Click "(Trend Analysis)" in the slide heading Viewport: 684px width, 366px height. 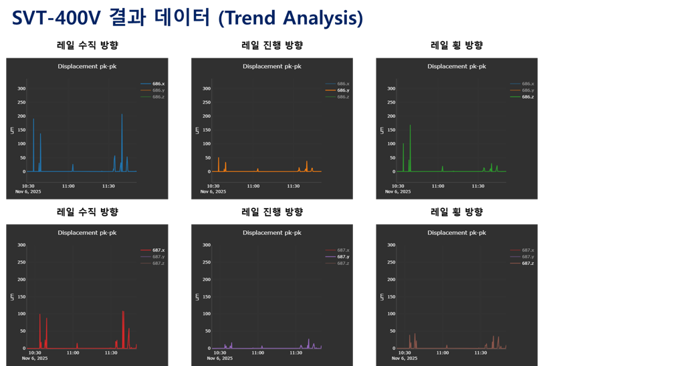click(x=291, y=19)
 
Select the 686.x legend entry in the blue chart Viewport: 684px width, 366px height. click(x=158, y=83)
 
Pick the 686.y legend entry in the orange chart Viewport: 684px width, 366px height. click(x=343, y=90)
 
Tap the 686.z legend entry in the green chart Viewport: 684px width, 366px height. click(x=528, y=97)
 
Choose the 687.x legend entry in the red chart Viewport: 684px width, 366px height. click(x=158, y=250)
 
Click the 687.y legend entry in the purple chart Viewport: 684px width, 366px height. click(x=343, y=256)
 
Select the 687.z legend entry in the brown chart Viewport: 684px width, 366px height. click(x=528, y=263)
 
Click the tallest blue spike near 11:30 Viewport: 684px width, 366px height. click(x=122, y=116)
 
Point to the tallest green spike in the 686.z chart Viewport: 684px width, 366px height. click(x=410, y=126)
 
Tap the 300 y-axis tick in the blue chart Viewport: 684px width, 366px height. click(x=21, y=88)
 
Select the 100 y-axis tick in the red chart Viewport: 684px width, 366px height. click(x=21, y=314)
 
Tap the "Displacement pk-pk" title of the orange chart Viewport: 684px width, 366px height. click(x=272, y=66)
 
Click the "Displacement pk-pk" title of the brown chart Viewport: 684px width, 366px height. click(x=457, y=233)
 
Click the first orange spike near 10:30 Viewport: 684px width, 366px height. click(x=219, y=159)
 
